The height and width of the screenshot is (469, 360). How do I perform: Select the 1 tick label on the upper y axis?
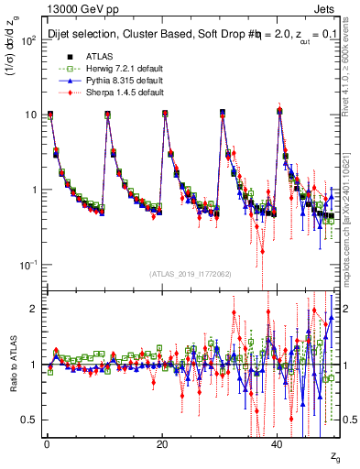pyautogui.click(x=34, y=190)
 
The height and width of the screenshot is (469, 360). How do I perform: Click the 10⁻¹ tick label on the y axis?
pyautogui.click(x=28, y=264)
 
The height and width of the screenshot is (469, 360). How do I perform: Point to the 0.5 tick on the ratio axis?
pyautogui.click(x=30, y=420)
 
